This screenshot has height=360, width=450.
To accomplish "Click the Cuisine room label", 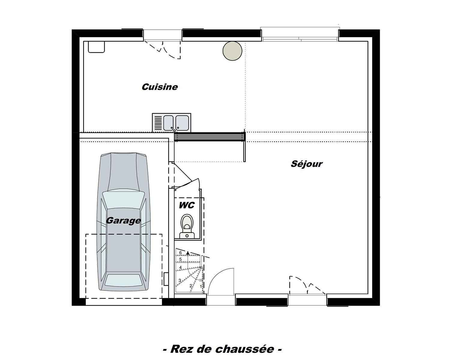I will tap(160, 87).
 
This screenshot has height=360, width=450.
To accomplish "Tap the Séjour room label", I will tap(306, 164).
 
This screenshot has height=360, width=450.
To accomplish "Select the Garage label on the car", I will tap(123, 220).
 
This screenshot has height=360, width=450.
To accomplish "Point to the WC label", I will tap(186, 205).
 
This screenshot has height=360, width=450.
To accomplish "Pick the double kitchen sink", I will tap(172, 122).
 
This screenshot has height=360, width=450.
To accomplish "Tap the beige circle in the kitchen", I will tap(232, 51).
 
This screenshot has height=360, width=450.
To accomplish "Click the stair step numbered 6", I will tap(181, 253).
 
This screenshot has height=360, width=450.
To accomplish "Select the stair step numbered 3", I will tap(180, 280).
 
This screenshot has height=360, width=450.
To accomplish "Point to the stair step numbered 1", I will tap(201, 286).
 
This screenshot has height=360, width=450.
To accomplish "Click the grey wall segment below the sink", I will tap(210, 136).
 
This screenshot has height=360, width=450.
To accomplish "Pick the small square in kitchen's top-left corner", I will tap(96, 47).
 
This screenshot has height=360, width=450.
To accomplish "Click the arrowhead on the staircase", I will tap(188, 253).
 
